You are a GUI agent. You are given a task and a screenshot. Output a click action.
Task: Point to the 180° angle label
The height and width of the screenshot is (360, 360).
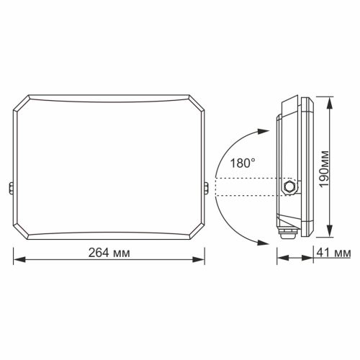coord(241,163)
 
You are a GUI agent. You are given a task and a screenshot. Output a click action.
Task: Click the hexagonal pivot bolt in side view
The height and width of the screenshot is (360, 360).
coord(289,186)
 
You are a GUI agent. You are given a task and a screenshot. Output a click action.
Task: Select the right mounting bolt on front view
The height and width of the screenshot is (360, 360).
coord(207,189)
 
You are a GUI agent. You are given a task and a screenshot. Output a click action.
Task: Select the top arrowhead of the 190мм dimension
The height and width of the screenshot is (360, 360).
coord(329,99)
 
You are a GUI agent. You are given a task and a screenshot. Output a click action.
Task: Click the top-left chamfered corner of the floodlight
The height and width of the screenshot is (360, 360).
coord(24,99)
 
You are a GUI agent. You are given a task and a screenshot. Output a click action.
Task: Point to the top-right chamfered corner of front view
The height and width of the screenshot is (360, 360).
coord(194,99)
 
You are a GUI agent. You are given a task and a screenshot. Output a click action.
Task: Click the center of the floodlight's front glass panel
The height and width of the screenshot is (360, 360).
coord(109,165)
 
